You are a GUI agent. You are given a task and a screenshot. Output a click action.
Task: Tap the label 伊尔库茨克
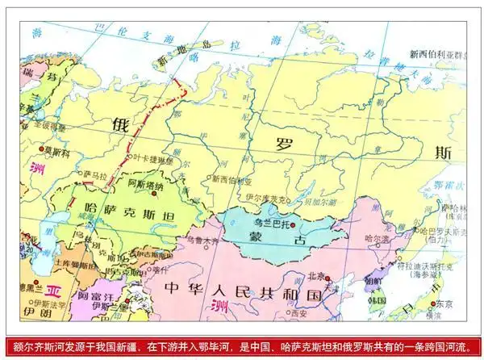point(264,198)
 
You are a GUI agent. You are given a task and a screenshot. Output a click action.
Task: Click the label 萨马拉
point(94,174)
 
